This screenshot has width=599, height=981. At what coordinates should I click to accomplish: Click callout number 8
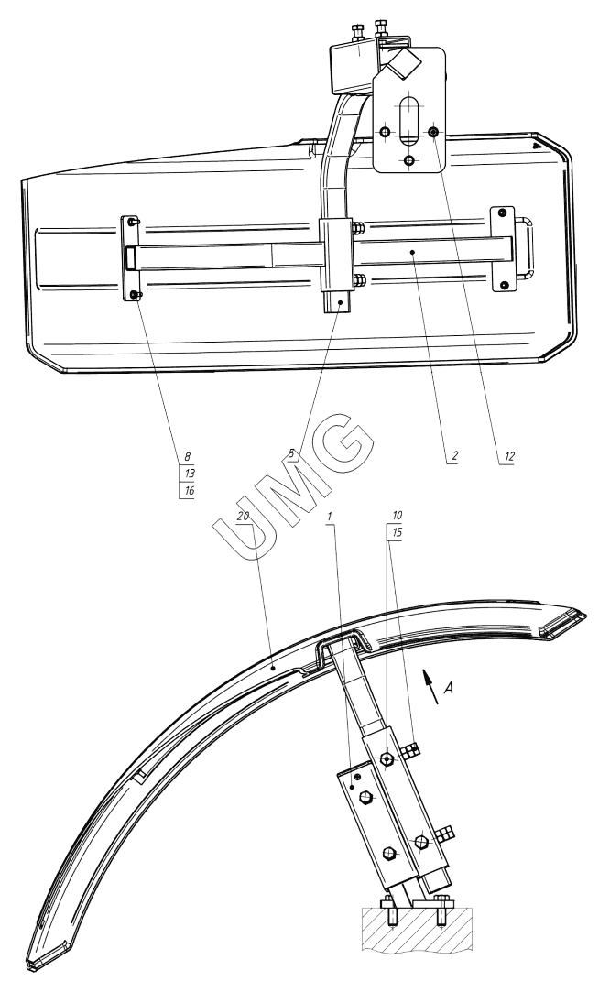pyautogui.click(x=187, y=457)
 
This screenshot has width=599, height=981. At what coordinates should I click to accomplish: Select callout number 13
pyautogui.click(x=190, y=474)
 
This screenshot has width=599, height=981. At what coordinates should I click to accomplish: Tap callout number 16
pyautogui.click(x=190, y=490)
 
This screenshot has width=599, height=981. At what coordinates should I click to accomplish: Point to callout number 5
pyautogui.click(x=291, y=452)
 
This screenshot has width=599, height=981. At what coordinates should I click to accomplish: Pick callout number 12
pyautogui.click(x=509, y=457)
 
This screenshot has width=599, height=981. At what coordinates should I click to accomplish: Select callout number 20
pyautogui.click(x=244, y=517)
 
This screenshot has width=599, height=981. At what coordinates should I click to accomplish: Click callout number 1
pyautogui.click(x=330, y=516)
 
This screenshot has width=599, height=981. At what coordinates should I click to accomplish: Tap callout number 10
pyautogui.click(x=397, y=516)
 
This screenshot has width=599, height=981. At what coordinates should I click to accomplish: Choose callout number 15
pyautogui.click(x=397, y=532)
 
